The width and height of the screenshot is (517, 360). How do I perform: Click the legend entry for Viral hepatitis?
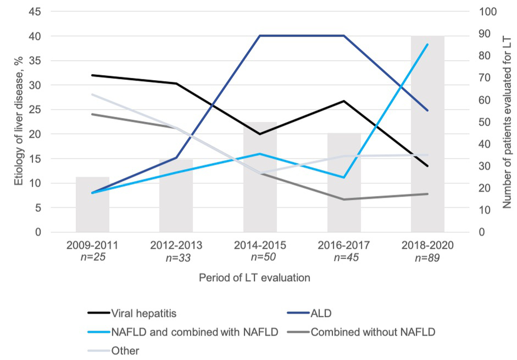143,313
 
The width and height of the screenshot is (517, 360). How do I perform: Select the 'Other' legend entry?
120,350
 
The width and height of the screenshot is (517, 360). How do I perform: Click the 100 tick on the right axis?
489,12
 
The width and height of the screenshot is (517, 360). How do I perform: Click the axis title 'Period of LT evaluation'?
255,278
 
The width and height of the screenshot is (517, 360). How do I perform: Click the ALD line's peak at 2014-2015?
260,36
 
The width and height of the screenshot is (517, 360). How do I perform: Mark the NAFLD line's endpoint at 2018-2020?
427,44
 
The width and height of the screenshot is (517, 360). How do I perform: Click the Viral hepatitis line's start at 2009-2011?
93,75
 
